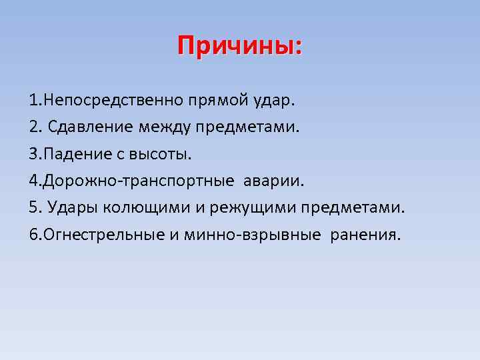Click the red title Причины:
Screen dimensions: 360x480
point(239,47)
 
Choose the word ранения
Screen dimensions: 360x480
point(366,234)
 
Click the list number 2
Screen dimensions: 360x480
point(33,127)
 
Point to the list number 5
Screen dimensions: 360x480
point(33,207)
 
